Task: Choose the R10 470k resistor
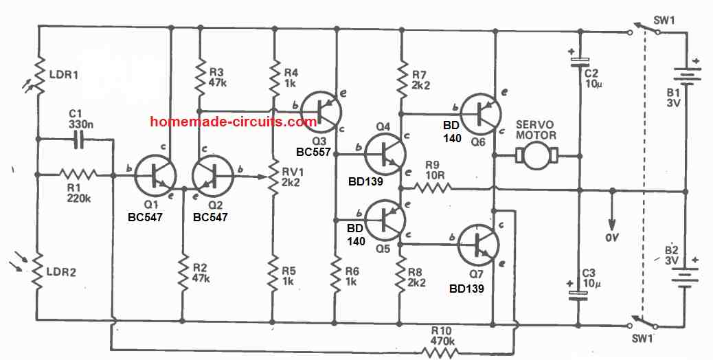(440, 352)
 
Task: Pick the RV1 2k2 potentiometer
(274, 177)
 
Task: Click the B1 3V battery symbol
(686, 74)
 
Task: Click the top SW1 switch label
(663, 20)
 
